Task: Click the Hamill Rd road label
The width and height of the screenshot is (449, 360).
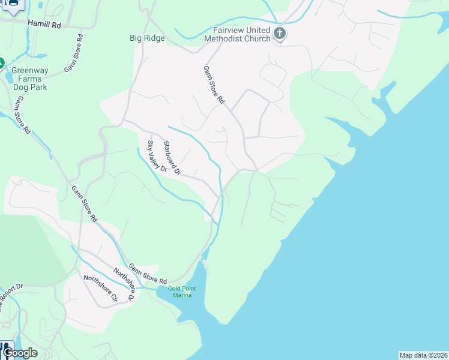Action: pos(44,24)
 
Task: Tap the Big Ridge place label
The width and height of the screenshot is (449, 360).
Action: pos(147,38)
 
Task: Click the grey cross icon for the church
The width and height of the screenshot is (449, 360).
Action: pos(279,34)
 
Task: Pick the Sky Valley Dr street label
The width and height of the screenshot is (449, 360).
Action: pos(157,156)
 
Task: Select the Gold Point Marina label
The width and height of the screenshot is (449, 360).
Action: pos(182,292)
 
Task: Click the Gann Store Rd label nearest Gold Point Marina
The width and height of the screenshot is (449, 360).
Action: pos(147,273)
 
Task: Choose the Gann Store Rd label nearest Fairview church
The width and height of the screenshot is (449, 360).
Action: pos(213,84)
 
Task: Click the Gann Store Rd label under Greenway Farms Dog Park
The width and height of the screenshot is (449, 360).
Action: pos(22,115)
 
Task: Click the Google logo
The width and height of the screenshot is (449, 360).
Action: pos(20,353)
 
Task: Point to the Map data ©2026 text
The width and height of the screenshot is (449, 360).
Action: pos(423,355)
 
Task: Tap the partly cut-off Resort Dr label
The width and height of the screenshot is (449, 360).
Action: pos(10,295)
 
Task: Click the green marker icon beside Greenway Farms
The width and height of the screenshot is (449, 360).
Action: pos(1,62)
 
